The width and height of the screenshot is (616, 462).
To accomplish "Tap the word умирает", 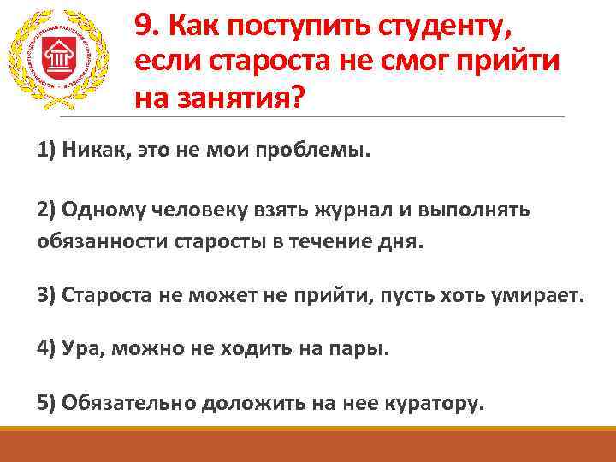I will click(x=539, y=296).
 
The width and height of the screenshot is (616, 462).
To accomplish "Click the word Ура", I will click(x=80, y=349).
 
